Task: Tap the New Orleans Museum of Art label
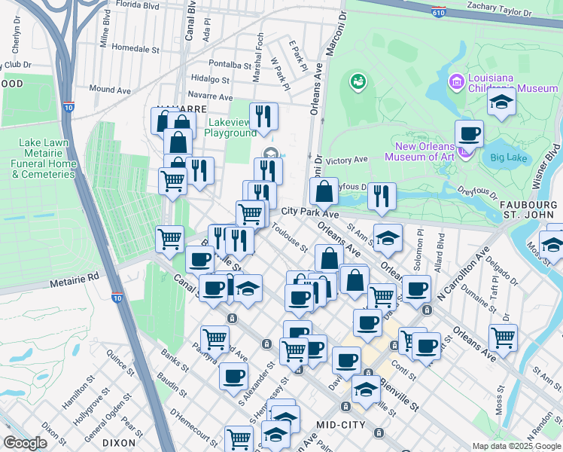pos(425,151)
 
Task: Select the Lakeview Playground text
pos(230,127)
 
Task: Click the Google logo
pos(25,442)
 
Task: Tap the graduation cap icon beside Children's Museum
pos(501,102)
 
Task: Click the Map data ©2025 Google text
pos(516,446)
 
